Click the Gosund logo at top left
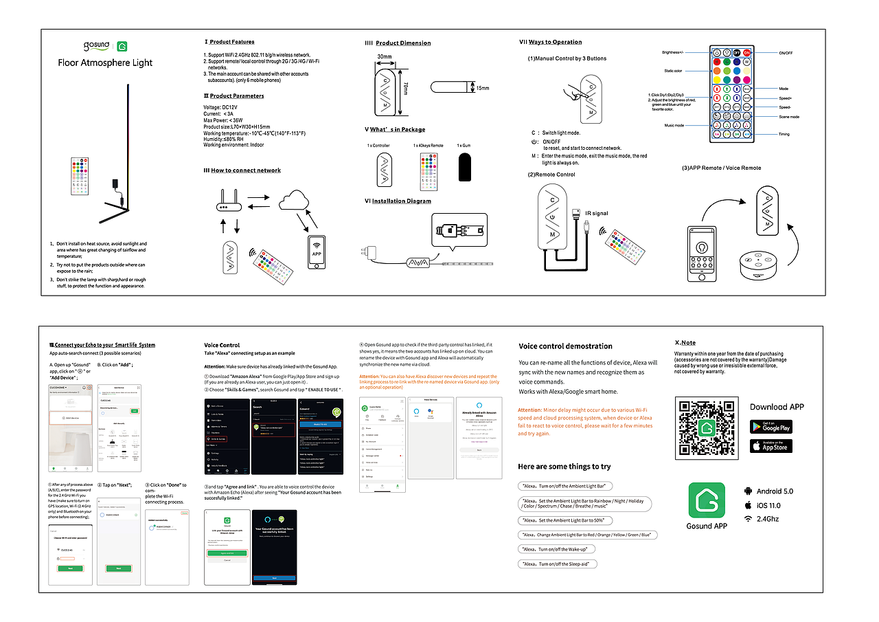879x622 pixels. [96, 45]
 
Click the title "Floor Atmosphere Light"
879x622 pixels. [105, 63]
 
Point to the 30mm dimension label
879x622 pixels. [385, 56]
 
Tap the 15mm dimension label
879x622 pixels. [483, 88]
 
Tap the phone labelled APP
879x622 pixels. [317, 247]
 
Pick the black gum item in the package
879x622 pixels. [465, 167]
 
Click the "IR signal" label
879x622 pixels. [597, 214]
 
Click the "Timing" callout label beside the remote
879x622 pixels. [784, 134]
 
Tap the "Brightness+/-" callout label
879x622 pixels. [673, 52]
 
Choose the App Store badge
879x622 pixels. [770, 446]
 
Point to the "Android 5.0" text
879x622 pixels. [775, 491]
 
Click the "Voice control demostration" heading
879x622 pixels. [565, 346]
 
